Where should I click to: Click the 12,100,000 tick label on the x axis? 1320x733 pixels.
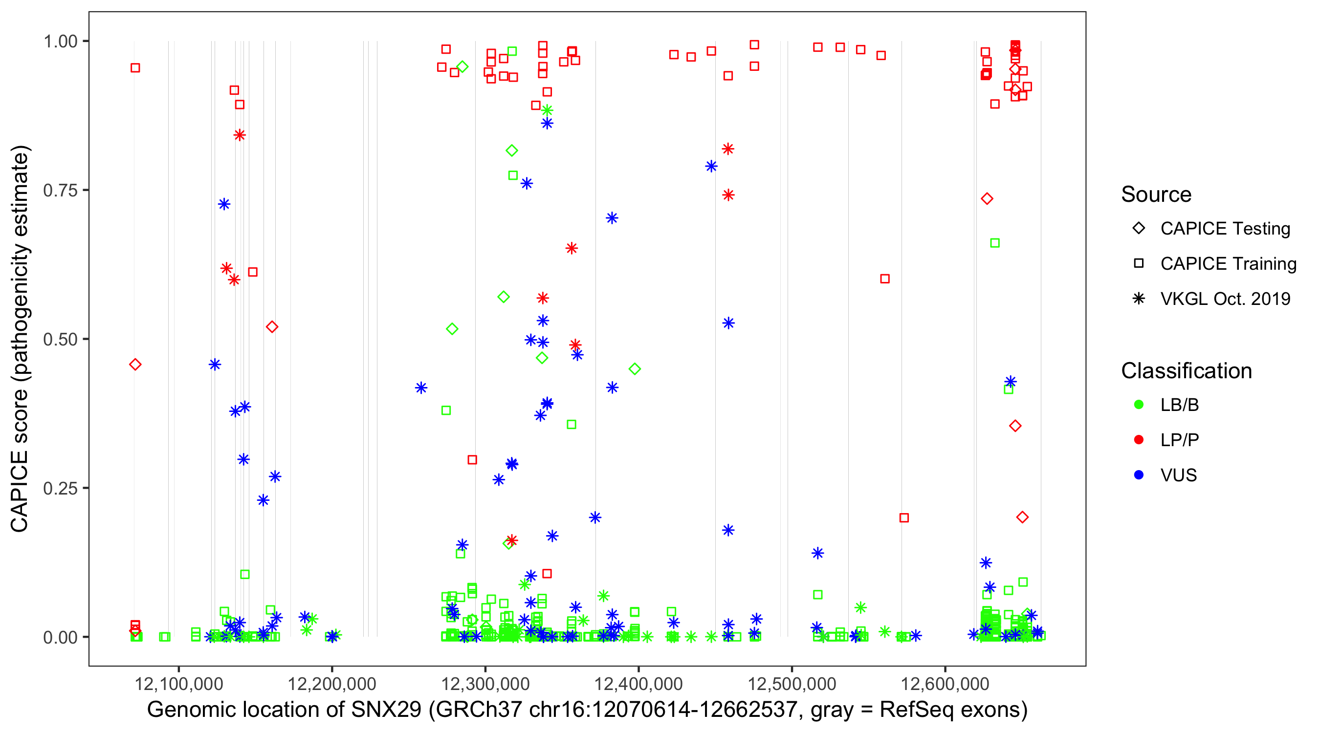178,683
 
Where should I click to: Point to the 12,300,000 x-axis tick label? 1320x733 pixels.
485,683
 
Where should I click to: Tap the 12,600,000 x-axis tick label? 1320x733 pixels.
945,683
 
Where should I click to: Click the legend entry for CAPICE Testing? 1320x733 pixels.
1225,229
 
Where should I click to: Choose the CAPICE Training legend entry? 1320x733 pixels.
1228,264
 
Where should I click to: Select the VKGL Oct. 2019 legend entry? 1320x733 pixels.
1225,299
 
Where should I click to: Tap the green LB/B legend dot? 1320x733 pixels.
1139,405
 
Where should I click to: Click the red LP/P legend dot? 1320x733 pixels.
1139,440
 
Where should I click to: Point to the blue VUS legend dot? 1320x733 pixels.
1139,475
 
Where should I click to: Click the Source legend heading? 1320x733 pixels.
1156,194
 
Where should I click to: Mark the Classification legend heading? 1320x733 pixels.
1186,371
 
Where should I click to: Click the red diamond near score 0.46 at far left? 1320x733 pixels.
135,365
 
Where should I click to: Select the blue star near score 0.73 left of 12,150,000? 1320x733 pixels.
224,204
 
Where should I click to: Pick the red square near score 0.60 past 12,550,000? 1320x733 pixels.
885,279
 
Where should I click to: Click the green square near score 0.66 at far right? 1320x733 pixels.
994,243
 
